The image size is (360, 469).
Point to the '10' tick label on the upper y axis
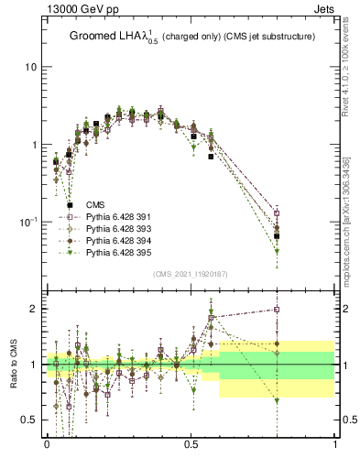point(30,68)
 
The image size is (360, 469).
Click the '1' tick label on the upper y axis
point(34,145)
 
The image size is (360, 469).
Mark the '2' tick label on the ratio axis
point(34,309)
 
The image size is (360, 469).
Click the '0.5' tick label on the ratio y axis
point(27,420)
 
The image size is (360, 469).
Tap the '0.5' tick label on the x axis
point(191,443)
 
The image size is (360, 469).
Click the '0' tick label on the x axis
point(46,443)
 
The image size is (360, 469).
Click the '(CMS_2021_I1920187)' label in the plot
point(190,273)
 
